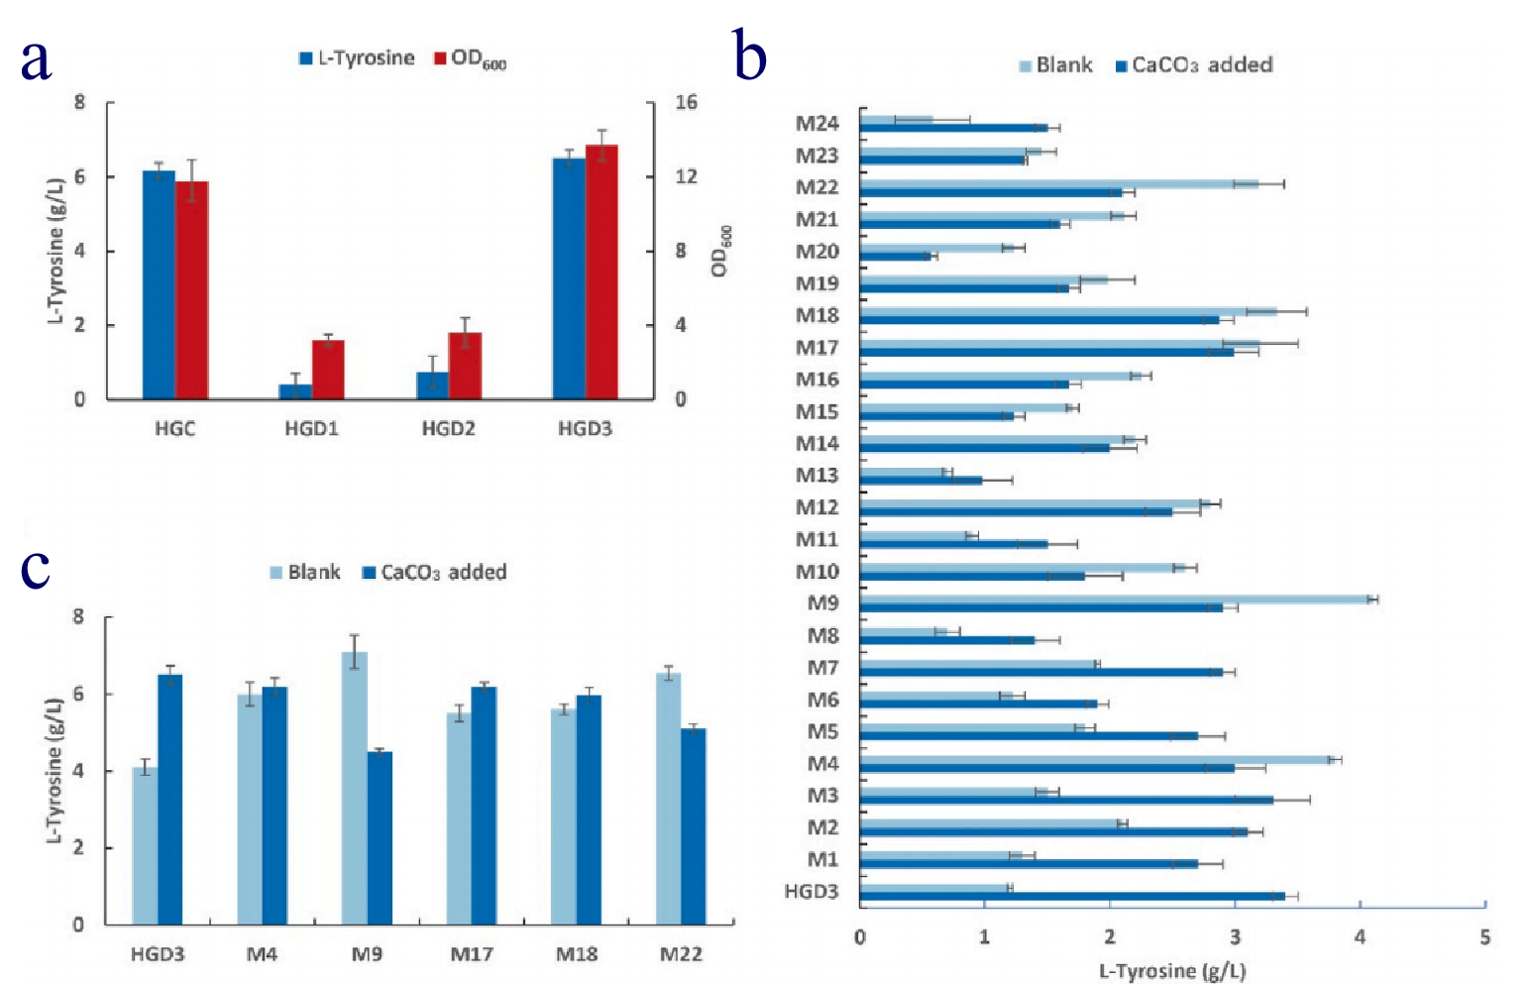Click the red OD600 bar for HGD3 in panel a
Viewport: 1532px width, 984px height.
click(x=602, y=273)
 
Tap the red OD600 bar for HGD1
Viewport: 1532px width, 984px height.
click(x=328, y=370)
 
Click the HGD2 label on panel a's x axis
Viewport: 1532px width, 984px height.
click(x=448, y=429)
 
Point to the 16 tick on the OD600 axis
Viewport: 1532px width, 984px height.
click(x=686, y=102)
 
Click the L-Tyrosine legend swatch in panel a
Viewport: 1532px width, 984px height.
click(x=306, y=58)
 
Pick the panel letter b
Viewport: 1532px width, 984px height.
click(x=750, y=56)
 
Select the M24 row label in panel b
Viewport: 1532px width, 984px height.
click(x=818, y=124)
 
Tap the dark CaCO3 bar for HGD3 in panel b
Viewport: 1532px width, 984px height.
click(x=1070, y=897)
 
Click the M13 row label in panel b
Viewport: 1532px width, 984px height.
click(x=818, y=476)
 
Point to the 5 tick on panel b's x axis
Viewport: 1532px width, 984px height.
click(x=1484, y=937)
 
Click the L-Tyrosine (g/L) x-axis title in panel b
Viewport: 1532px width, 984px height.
click(x=1171, y=971)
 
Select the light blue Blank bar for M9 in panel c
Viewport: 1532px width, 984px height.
click(x=354, y=788)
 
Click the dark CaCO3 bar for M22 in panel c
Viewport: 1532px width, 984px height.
click(x=694, y=826)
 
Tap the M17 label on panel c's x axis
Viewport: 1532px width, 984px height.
click(x=472, y=954)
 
